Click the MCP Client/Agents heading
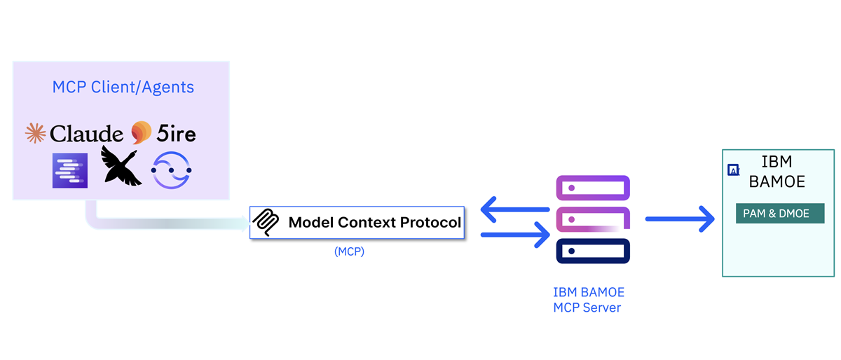click(x=123, y=88)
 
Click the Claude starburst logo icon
click(x=35, y=133)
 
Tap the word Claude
click(x=86, y=133)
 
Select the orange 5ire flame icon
click(x=141, y=132)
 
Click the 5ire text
click(x=176, y=133)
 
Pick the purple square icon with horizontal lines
click(x=69, y=170)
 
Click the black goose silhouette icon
click(x=121, y=167)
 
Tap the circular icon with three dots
click(x=172, y=170)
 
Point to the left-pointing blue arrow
click(x=514, y=209)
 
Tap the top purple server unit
click(x=593, y=188)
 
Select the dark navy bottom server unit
click(x=593, y=251)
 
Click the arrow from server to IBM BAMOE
click(x=679, y=219)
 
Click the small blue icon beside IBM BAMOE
click(x=734, y=169)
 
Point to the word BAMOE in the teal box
click(x=777, y=182)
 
